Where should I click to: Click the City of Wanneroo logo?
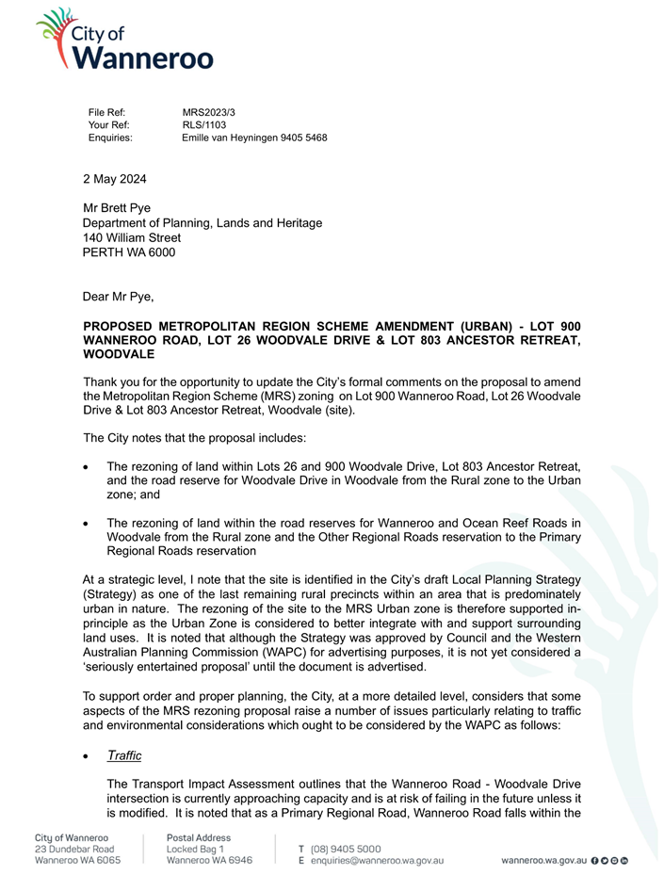point(124,40)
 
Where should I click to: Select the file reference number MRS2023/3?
point(209,112)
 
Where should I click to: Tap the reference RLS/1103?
point(204,124)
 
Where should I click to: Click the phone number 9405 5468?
point(301,138)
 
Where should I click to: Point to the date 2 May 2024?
point(115,179)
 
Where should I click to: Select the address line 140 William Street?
point(132,238)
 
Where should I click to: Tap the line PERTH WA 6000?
point(129,252)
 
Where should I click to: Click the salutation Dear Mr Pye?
point(118,298)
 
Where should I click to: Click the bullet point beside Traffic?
point(87,756)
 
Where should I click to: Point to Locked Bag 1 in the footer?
point(195,849)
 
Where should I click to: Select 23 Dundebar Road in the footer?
point(74,849)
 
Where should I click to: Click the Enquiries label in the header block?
point(110,138)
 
